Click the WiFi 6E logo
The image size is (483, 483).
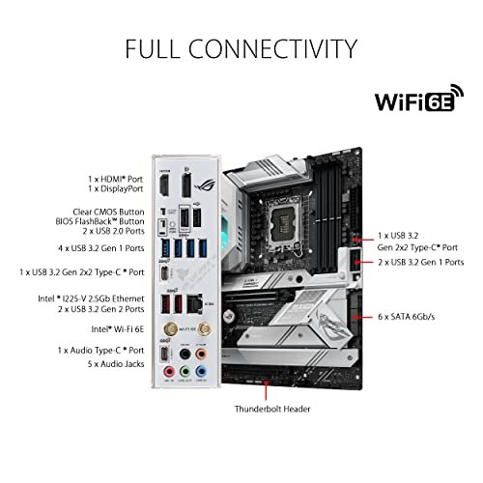(x=419, y=99)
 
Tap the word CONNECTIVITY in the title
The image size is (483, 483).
(x=272, y=49)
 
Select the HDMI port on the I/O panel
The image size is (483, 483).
(x=164, y=185)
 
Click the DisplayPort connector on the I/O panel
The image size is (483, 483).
(x=186, y=185)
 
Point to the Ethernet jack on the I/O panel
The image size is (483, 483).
(x=194, y=303)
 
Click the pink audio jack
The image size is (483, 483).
(x=168, y=372)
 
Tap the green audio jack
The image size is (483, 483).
(x=185, y=372)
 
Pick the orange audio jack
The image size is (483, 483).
(x=201, y=354)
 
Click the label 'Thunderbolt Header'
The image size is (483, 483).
(x=272, y=409)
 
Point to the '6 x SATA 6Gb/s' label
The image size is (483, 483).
(x=407, y=317)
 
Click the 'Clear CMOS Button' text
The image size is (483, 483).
(x=108, y=212)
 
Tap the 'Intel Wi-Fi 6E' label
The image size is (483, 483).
(x=118, y=329)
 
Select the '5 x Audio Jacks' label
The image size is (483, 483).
(x=116, y=364)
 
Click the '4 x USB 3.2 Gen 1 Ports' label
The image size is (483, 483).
(x=101, y=248)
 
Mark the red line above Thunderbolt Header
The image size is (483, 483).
(x=266, y=390)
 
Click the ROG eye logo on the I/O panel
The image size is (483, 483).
(x=204, y=185)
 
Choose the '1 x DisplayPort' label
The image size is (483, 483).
(x=116, y=189)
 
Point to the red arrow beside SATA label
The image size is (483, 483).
(x=363, y=317)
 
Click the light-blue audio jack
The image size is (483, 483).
(x=201, y=372)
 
